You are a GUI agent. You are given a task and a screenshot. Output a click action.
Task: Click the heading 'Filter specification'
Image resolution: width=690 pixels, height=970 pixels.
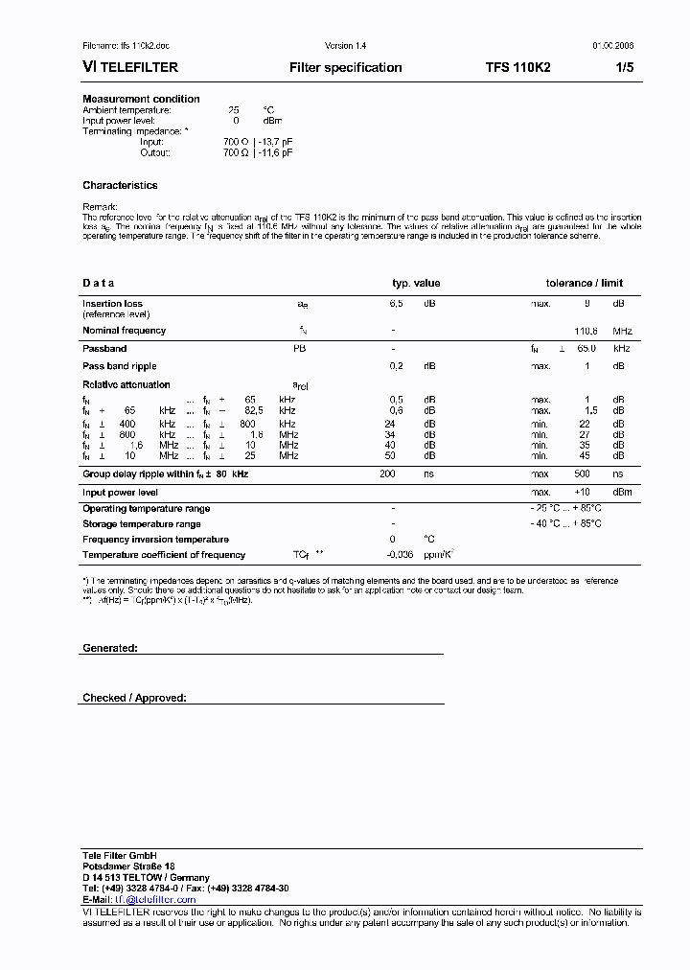click(x=345, y=68)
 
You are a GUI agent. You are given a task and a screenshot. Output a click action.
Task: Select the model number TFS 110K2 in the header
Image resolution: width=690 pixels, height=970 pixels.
click(x=517, y=68)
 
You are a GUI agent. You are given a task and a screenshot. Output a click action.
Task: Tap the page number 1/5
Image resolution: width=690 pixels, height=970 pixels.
click(x=624, y=68)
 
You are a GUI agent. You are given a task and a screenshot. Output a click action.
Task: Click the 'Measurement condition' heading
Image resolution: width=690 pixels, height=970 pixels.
click(x=141, y=99)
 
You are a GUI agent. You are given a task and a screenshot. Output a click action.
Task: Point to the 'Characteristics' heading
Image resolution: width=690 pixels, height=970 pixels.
click(x=120, y=185)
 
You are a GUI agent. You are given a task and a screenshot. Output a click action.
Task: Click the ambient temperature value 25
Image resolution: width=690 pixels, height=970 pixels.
click(x=234, y=110)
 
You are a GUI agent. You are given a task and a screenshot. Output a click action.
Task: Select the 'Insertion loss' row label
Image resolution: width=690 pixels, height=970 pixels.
click(x=112, y=304)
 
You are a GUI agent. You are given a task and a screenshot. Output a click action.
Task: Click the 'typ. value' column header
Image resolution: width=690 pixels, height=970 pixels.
click(x=416, y=283)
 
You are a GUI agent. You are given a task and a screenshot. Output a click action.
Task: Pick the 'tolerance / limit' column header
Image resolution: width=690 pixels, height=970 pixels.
click(x=584, y=283)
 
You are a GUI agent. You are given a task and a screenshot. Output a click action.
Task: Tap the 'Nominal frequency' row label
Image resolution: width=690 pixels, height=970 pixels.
click(x=124, y=331)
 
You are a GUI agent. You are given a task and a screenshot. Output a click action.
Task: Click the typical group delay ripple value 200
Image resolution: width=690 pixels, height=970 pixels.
click(x=387, y=474)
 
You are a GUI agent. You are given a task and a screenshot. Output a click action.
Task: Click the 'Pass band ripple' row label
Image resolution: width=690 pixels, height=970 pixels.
click(x=119, y=366)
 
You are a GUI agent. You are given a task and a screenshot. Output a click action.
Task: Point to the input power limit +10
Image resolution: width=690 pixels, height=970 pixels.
click(x=582, y=493)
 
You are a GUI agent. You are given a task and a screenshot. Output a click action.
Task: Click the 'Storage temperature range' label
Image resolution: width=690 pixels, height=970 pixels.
click(x=141, y=524)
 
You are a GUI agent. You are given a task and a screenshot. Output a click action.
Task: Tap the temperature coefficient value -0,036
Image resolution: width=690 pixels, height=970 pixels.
click(x=400, y=555)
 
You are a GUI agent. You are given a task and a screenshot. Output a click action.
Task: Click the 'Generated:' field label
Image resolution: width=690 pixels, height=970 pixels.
click(x=110, y=648)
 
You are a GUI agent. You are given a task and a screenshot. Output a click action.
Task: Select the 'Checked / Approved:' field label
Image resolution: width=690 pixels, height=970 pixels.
click(x=134, y=698)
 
